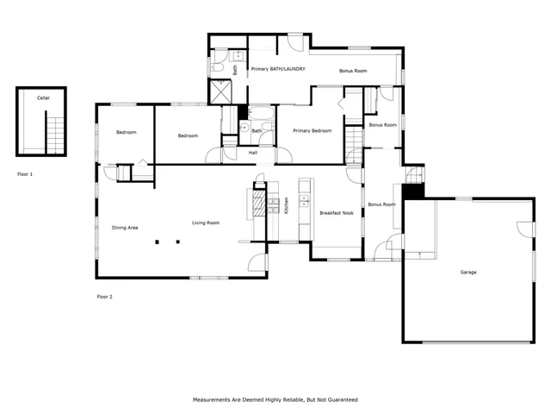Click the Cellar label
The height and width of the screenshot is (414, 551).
(x=43, y=98)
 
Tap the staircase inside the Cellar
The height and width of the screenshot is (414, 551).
(x=56, y=134)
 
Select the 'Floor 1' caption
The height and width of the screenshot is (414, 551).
(x=25, y=174)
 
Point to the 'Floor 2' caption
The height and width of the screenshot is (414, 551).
(x=104, y=297)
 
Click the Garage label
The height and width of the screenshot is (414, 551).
(x=467, y=272)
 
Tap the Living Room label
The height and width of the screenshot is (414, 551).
(x=206, y=223)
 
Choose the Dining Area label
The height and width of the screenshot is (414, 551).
(x=126, y=228)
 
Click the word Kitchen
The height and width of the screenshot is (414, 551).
(x=286, y=207)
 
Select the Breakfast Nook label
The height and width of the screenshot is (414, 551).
(x=336, y=212)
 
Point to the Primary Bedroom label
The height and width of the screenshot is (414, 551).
(x=312, y=130)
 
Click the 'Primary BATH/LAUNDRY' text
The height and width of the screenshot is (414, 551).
(x=278, y=68)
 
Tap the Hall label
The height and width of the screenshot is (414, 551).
(x=253, y=153)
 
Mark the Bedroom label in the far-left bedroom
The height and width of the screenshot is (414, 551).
(x=127, y=132)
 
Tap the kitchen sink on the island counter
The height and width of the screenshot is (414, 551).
(x=304, y=202)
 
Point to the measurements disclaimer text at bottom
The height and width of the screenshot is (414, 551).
(x=275, y=399)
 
